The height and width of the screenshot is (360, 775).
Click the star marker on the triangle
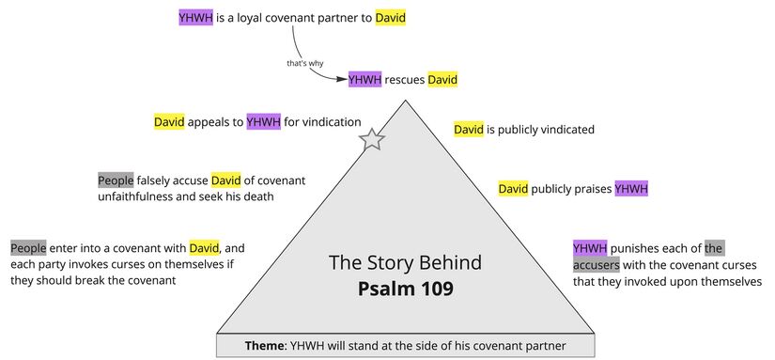tap(373, 140)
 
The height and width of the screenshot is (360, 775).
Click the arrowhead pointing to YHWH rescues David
tap(342, 80)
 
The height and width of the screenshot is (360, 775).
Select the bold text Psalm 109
tap(405, 288)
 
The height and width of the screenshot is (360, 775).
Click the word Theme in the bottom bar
tap(266, 346)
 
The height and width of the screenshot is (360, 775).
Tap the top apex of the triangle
tap(406, 98)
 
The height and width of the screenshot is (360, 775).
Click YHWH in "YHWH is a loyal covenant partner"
tap(195, 17)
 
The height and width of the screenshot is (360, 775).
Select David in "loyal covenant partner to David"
tap(391, 17)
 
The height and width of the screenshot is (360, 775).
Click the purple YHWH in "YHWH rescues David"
tap(364, 80)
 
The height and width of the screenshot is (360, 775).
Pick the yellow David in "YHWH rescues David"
tap(442, 80)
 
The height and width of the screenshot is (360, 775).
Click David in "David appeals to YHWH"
tap(170, 121)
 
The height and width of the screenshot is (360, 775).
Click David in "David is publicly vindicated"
tap(469, 129)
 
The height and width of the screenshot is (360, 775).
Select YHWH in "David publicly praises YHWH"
tap(631, 189)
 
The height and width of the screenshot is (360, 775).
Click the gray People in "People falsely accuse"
tap(116, 180)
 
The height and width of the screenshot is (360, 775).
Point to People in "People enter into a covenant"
tap(28, 248)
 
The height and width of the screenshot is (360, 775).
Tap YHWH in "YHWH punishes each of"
tap(590, 248)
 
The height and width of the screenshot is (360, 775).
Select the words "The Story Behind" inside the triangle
tap(405, 262)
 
